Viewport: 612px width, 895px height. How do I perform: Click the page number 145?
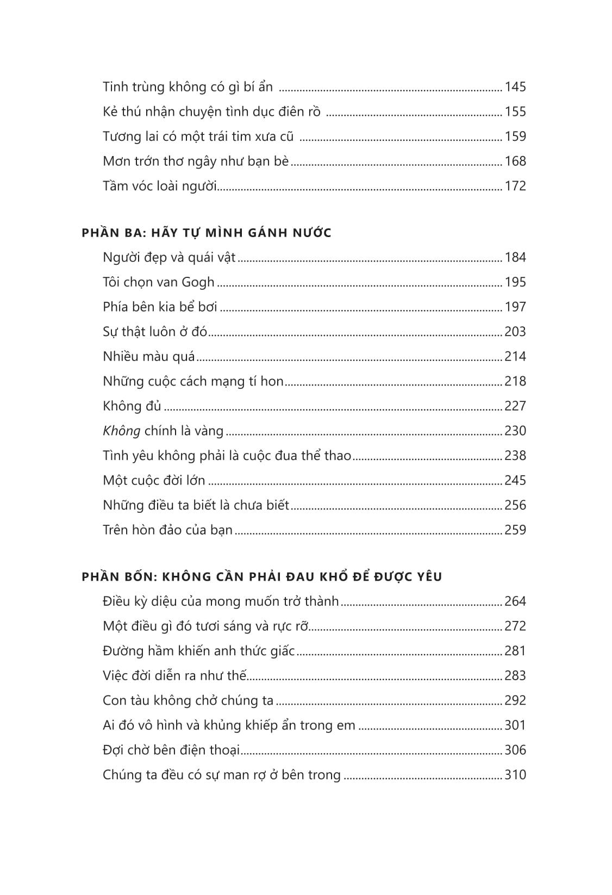[x=515, y=87]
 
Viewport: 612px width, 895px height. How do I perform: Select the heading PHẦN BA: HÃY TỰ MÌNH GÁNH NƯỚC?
[x=207, y=233]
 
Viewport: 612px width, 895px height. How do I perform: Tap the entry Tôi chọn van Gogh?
[x=159, y=282]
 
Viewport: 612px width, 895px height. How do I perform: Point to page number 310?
[x=515, y=775]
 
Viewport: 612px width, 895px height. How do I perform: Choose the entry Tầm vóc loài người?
[x=160, y=186]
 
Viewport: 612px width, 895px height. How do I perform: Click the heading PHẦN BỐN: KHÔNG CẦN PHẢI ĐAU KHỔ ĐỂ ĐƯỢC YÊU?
[x=262, y=576]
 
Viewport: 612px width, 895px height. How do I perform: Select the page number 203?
[x=515, y=332]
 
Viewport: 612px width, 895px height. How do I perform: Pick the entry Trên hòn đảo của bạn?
[x=167, y=530]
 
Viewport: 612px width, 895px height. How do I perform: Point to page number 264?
[x=515, y=601]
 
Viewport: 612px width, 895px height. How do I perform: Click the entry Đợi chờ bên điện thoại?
[x=171, y=750]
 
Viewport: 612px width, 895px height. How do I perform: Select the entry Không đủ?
[x=132, y=406]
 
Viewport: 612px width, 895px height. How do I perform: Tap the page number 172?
[x=515, y=186]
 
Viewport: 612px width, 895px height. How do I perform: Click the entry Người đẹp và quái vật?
[x=169, y=257]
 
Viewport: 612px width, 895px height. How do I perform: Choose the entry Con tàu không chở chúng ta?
[x=188, y=700]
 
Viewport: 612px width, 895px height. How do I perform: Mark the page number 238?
[x=515, y=456]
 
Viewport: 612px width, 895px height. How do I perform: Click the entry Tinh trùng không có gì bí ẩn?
[x=188, y=87]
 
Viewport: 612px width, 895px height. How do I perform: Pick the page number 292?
[x=515, y=700]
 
